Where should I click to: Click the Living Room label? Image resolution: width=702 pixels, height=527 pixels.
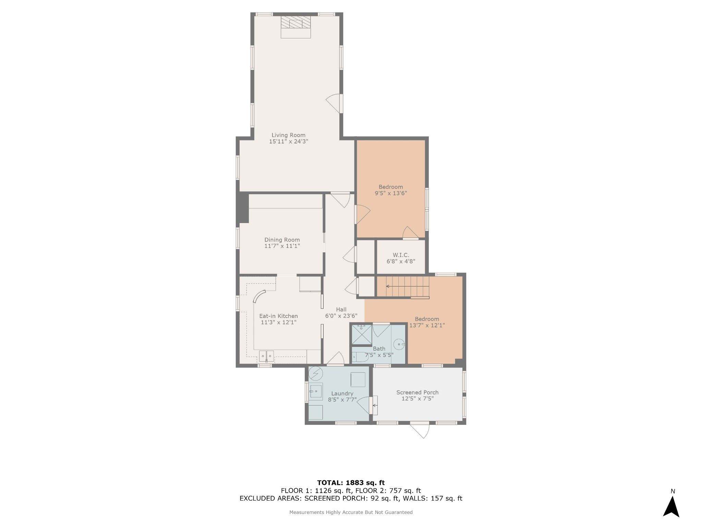pos(289,135)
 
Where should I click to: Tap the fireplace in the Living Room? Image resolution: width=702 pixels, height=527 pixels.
pos(296,27)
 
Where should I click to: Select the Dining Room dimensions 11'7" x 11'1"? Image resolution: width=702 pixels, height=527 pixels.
pos(282,246)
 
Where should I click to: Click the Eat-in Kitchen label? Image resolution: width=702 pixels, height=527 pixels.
pos(278,316)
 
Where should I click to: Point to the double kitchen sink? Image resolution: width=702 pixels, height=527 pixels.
pos(267,356)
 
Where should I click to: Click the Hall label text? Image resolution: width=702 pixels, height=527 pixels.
pos(341,309)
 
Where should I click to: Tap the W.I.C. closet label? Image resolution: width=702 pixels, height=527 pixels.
pos(401,255)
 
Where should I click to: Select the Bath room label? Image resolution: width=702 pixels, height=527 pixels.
pos(379,349)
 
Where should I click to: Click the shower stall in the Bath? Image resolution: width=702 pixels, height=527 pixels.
pos(362,335)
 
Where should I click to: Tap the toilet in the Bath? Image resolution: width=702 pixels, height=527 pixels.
pos(359,357)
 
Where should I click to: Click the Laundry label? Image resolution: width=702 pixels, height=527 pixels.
pos(342,394)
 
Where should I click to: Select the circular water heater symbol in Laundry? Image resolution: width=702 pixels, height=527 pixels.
pos(316,373)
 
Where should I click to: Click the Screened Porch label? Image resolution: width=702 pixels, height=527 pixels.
pos(417,393)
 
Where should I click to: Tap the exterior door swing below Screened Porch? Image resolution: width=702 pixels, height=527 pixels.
pos(420,431)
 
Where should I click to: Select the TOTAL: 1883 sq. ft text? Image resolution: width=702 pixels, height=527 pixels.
pos(351,483)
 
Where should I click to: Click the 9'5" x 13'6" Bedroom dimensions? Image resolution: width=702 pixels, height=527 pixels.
pos(391,193)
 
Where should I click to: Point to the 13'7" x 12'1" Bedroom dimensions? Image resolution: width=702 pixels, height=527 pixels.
pos(427,325)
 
